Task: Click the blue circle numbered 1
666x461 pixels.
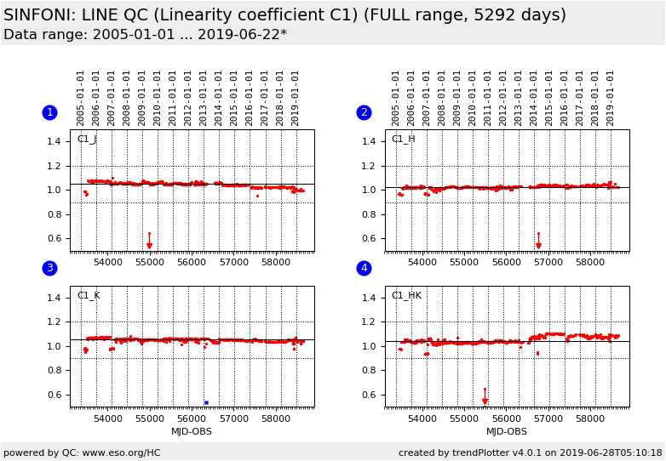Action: click(49, 112)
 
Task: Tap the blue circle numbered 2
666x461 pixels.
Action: click(364, 112)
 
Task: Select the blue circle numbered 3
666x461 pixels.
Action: click(49, 269)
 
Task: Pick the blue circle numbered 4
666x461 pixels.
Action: click(364, 269)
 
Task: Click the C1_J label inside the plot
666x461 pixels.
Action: click(87, 139)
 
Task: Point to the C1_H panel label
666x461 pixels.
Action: click(403, 139)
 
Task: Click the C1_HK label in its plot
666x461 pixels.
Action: click(406, 296)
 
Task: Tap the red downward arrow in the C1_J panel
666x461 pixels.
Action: click(149, 245)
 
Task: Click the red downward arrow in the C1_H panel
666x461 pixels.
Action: click(538, 245)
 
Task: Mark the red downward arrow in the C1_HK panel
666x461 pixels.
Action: click(485, 401)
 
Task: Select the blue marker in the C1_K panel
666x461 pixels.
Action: click(206, 402)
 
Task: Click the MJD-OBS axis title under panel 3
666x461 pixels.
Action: click(192, 432)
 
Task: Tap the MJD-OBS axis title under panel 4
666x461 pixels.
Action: click(507, 432)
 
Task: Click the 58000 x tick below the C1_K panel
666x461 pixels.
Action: click(275, 418)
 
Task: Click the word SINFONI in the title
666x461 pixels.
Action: click(40, 15)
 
